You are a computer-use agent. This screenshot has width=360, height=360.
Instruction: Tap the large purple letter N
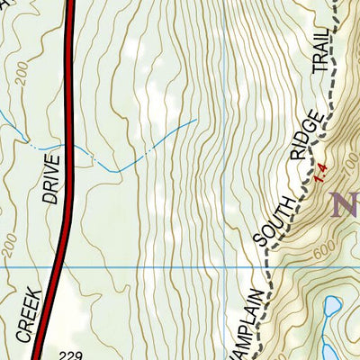pyautogui.click(x=346, y=205)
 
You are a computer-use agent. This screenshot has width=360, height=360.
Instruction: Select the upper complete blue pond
pyautogui.click(x=333, y=306)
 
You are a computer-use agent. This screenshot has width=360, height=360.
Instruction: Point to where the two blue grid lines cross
pyautogui.click(x=223, y=267)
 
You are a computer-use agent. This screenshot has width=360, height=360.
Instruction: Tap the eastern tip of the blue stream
pyautogui.click(x=196, y=118)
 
